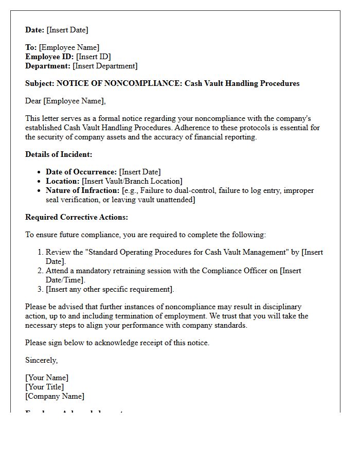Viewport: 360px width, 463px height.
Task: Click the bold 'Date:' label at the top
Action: pyautogui.click(x=35, y=30)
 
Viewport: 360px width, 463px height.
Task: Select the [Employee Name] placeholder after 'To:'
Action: pyautogui.click(x=69, y=47)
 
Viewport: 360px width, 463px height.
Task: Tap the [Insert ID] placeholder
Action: pyautogui.click(x=93, y=57)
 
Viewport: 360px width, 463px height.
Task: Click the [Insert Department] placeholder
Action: pyautogui.click(x=105, y=66)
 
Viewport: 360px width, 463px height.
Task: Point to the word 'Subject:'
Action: pyautogui.click(x=40, y=83)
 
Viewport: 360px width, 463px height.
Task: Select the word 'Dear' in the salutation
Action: pyautogui.click(x=33, y=101)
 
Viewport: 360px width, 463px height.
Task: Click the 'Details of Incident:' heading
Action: pyautogui.click(x=59, y=154)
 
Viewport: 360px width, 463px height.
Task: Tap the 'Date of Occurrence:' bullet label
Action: pyautogui.click(x=81, y=172)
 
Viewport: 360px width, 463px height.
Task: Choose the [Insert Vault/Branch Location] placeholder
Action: pyautogui.click(x=132, y=181)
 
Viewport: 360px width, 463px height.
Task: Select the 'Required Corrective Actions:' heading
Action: pyautogui.click(x=77, y=217)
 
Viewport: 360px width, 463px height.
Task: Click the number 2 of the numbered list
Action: pyautogui.click(x=41, y=271)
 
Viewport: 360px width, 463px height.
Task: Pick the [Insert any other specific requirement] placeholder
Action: pyautogui.click(x=110, y=289)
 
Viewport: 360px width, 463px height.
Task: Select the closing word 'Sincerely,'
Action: pyautogui.click(x=42, y=360)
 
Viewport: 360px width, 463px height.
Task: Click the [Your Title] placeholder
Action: pyautogui.click(x=45, y=387)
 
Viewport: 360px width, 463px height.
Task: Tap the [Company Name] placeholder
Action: pyautogui.click(x=55, y=396)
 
